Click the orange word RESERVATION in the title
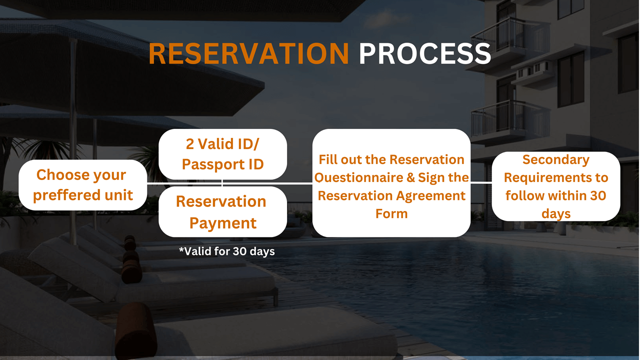click(248, 53)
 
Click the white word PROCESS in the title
click(425, 53)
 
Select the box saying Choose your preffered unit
click(83, 185)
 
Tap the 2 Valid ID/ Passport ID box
click(222, 154)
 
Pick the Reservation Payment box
click(222, 211)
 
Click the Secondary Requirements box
click(556, 186)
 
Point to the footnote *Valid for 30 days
click(227, 251)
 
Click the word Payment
click(223, 223)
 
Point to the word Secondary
click(556, 159)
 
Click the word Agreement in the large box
click(431, 196)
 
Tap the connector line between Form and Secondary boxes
click(481, 182)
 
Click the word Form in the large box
click(391, 213)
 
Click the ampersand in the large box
click(410, 177)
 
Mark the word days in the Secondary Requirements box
click(556, 214)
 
